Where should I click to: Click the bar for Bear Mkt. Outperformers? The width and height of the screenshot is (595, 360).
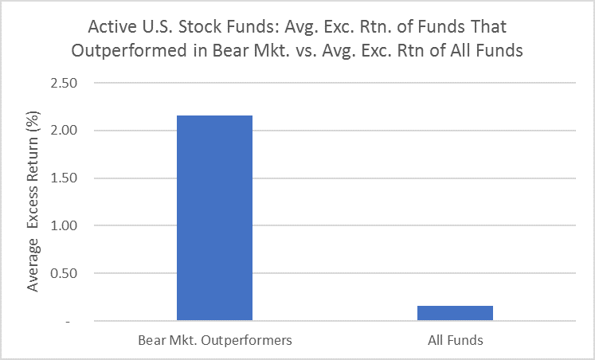click(214, 217)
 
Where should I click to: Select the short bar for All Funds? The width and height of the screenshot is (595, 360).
click(455, 313)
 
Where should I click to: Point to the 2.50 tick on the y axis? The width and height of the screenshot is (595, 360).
click(64, 83)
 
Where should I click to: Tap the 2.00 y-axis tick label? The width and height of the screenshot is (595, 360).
click(64, 130)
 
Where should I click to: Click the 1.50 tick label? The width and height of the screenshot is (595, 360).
click(64, 178)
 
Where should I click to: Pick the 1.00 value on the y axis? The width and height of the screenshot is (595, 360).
click(64, 225)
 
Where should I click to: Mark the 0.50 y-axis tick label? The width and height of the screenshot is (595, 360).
click(64, 273)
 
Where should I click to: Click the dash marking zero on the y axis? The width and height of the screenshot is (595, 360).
click(68, 322)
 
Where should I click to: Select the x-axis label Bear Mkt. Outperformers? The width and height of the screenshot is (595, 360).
click(215, 340)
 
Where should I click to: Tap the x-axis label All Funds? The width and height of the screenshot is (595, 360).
click(456, 340)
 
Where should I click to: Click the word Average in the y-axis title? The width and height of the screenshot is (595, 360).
click(33, 265)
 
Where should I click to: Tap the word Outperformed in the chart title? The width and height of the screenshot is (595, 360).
click(129, 50)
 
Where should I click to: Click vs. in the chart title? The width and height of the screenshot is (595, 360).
click(305, 51)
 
